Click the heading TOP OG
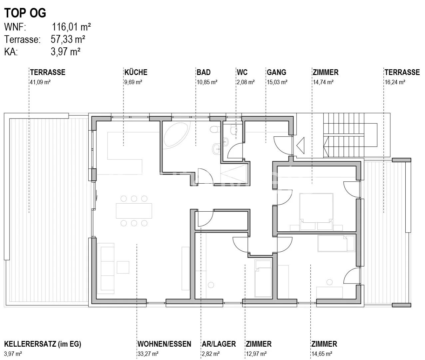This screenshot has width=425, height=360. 25,13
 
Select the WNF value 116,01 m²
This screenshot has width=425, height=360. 71,27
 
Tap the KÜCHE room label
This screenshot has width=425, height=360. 136,72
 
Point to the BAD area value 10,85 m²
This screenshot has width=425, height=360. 207,82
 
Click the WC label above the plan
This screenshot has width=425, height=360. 242,72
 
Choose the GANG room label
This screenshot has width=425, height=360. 276,72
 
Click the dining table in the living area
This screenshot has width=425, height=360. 134,211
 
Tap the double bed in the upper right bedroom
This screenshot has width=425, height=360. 316,211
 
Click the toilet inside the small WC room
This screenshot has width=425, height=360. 234,129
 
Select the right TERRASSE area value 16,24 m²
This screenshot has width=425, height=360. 395,82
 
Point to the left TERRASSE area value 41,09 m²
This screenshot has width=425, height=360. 40,82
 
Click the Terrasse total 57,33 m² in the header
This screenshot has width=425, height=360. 68,39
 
